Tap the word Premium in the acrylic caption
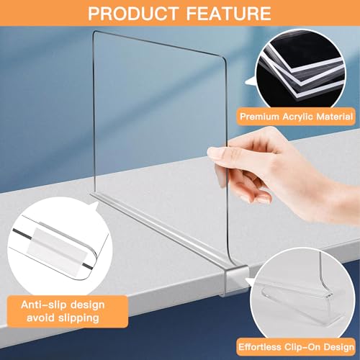coord(262,115)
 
